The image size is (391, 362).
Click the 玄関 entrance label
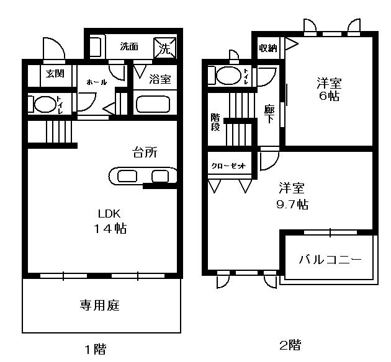(55, 73)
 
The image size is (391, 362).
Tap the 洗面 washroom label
(129, 46)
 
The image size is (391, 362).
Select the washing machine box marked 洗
(165, 48)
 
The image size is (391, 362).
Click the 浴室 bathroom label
(160, 79)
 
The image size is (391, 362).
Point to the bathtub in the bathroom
(153, 104)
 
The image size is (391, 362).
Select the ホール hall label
(97, 82)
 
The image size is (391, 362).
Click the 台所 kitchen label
(145, 152)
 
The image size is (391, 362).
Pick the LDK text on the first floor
(109, 214)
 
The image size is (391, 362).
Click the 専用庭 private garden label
(100, 305)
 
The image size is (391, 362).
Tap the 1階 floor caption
(96, 349)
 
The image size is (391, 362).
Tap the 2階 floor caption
(290, 345)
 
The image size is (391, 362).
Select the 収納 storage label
(268, 48)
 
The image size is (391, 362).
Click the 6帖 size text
(330, 96)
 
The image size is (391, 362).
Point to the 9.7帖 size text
(292, 204)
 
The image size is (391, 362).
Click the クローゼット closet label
(228, 166)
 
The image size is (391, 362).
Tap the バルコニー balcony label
(330, 260)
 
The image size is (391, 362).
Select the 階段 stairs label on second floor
(215, 122)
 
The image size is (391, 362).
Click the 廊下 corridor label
(269, 114)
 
